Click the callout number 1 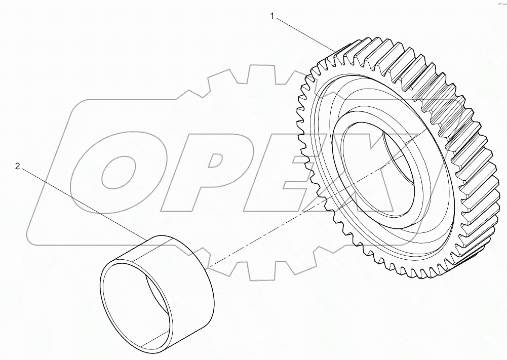click(x=272, y=16)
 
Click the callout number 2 click(x=18, y=166)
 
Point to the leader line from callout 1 click(x=304, y=33)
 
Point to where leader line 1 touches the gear click(x=336, y=51)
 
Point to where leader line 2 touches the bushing click(x=147, y=238)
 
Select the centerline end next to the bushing click(x=210, y=265)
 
